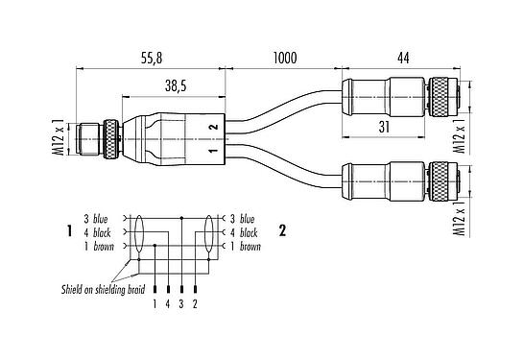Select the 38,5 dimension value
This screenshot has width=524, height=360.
(x=175, y=85)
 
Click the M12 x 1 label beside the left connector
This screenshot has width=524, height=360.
(x=59, y=138)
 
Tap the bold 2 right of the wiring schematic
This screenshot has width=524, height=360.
(x=281, y=231)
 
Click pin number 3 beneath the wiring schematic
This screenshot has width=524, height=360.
(x=182, y=305)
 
